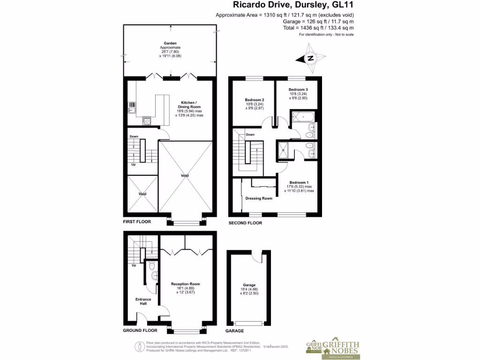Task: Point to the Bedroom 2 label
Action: [255, 100]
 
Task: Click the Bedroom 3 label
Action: [298, 90]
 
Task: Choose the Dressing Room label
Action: [259, 198]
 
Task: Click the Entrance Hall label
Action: [143, 301]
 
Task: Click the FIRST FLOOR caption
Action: [137, 222]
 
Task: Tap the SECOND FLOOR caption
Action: [245, 223]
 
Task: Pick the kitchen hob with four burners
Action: [147, 120]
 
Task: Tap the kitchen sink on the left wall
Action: [131, 108]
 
